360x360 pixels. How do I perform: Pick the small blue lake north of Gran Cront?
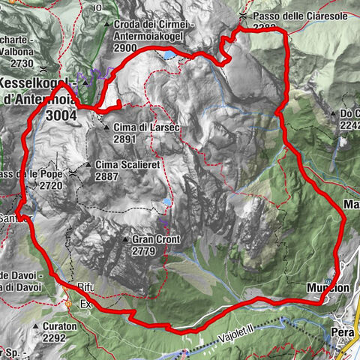[x=165, y=203]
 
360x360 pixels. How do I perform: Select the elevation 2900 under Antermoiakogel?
[x=126, y=47]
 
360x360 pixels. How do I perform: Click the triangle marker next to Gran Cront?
[x=125, y=240]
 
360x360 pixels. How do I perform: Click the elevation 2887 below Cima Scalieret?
[x=108, y=175]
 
